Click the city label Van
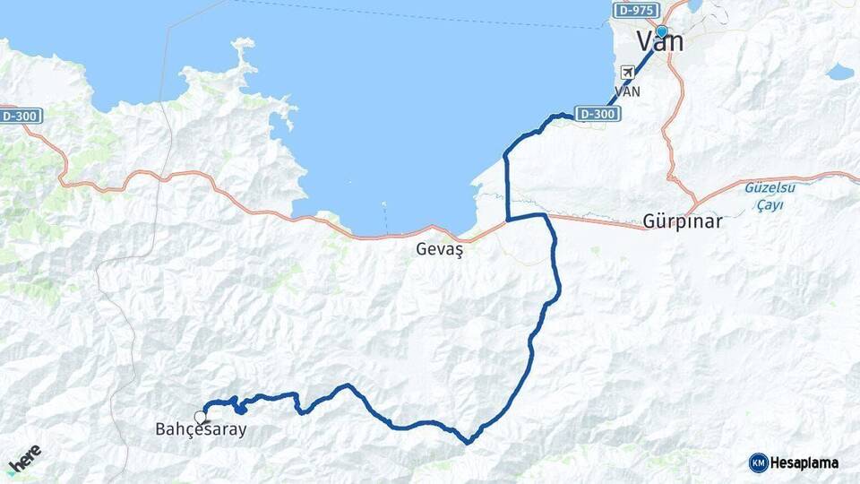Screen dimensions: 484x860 click(660, 42)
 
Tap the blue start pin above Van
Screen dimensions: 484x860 click(661, 31)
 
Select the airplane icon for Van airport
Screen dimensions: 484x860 click(628, 72)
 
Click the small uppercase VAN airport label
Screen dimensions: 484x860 click(628, 91)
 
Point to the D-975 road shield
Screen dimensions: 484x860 click(636, 11)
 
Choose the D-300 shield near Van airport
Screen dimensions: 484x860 click(597, 114)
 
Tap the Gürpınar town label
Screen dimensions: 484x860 click(683, 221)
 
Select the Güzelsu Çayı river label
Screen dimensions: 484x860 click(763, 196)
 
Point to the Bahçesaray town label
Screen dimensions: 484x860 click(194, 430)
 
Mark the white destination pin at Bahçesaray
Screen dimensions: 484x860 click(200, 417)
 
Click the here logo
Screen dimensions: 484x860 click(24, 459)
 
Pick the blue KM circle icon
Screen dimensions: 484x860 click(759, 462)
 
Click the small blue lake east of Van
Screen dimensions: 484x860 click(839, 72)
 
